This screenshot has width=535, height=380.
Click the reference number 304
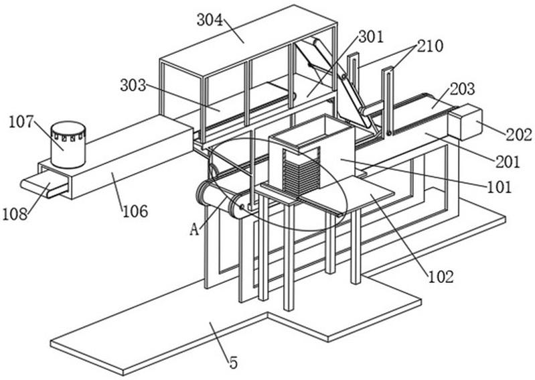(210, 21)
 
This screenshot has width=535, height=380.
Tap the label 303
(133, 85)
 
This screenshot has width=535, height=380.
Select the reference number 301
(371, 37)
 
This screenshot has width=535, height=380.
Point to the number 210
(430, 46)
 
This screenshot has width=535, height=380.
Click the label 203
(462, 89)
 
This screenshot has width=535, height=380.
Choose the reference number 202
(519, 135)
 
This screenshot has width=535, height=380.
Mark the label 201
(508, 162)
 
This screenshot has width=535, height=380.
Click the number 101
(499, 188)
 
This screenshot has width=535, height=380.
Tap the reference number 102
(441, 277)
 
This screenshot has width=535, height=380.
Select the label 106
(135, 212)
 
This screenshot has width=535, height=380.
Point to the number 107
(21, 122)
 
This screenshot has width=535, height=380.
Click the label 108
(15, 214)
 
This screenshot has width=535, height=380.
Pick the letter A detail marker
(194, 230)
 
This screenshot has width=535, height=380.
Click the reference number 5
(234, 363)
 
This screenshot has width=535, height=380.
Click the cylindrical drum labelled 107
(68, 145)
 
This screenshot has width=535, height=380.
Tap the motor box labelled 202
(465, 122)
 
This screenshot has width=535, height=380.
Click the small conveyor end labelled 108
(44, 185)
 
